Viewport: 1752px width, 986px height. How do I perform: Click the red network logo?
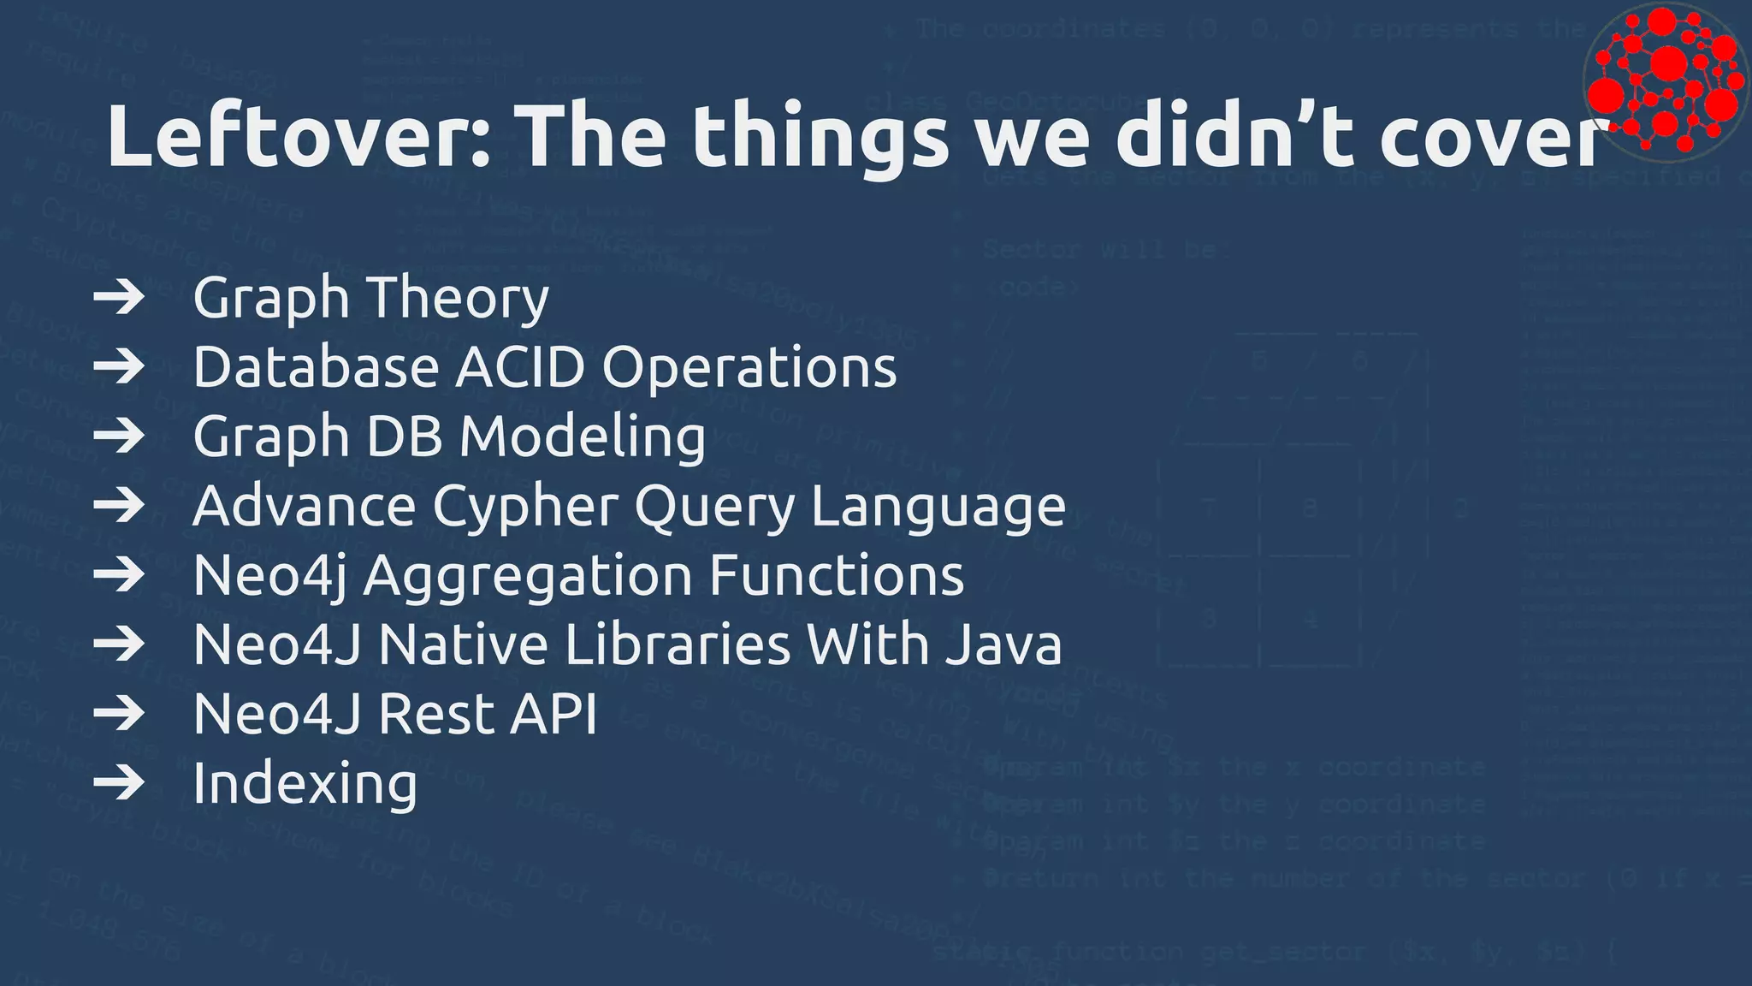1664,81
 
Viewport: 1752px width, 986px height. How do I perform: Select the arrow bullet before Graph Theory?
119,298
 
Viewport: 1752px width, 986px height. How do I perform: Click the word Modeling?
583,437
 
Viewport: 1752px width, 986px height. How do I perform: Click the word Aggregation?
528,576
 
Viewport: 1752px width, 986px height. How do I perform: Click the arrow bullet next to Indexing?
119,783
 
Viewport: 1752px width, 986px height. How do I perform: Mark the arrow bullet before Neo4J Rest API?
119,714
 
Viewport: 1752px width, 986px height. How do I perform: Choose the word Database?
316,367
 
